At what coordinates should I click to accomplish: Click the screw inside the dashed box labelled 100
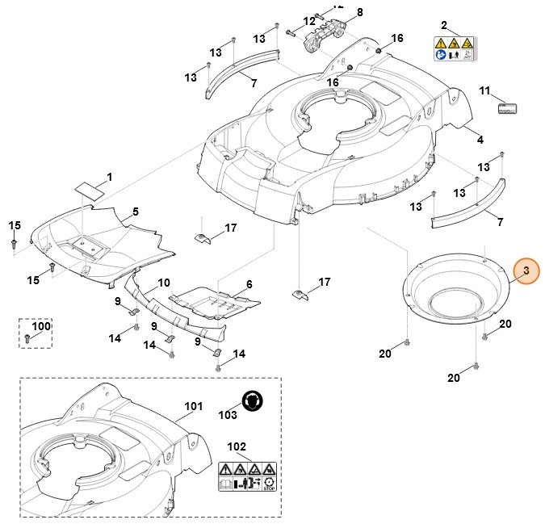tap(28, 338)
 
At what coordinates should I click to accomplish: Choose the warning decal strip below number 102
tap(247, 476)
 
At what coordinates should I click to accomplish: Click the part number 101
tap(193, 406)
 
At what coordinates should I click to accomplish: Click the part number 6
tap(249, 284)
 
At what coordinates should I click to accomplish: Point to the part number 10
tap(163, 283)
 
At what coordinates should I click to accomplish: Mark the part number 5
tap(135, 212)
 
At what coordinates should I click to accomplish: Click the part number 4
tap(480, 140)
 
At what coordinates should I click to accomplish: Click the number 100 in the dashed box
tap(40, 325)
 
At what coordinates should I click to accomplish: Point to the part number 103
tap(228, 414)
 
